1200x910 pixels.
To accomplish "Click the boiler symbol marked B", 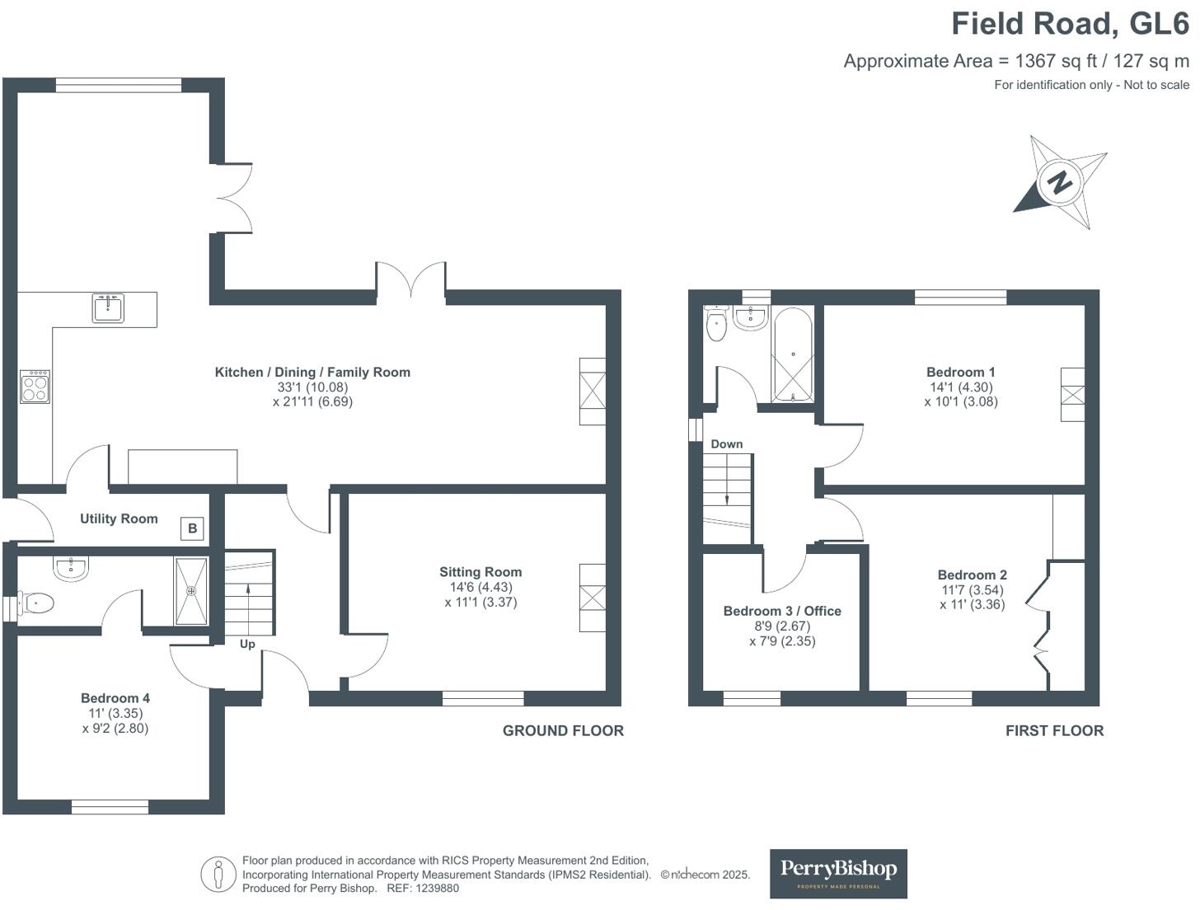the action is point(192,528).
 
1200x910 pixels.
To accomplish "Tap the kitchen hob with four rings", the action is point(35,386).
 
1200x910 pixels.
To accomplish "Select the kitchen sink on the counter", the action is point(108,308).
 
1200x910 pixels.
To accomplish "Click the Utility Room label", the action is point(119,518).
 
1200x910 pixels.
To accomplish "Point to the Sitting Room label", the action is point(480,572).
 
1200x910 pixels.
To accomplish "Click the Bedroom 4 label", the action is point(115,698).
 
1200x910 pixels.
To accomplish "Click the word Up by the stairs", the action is point(247,644).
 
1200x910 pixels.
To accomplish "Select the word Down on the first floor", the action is point(727,443).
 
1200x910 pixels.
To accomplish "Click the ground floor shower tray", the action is point(191,590).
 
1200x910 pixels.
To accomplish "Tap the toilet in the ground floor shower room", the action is point(37,604).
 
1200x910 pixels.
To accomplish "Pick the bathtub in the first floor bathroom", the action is point(793,355).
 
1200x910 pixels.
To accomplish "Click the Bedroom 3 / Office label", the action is point(782,611).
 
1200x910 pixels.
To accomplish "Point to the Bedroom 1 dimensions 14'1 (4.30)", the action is point(960,387).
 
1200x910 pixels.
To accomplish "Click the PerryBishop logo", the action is point(838,873).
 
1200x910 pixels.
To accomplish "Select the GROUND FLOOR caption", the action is point(563,730).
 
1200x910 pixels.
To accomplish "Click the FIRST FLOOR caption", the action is point(1054,730).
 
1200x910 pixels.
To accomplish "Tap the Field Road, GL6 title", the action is point(1071,23).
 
